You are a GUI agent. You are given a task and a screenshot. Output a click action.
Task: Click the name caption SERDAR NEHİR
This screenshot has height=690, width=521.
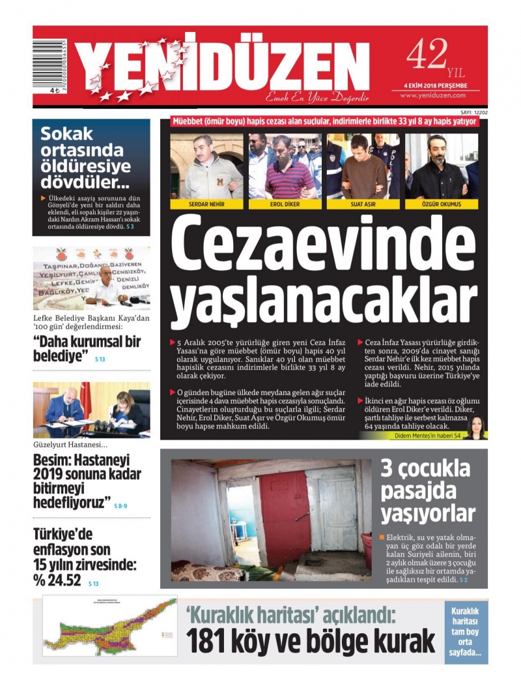206,204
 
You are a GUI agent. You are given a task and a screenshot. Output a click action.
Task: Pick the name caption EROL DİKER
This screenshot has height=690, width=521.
284,204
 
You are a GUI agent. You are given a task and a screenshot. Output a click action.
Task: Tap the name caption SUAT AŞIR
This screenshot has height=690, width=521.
363,204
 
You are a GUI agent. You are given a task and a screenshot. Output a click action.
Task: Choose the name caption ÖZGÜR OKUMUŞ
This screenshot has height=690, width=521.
442,204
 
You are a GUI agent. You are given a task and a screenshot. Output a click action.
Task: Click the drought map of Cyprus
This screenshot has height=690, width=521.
109,625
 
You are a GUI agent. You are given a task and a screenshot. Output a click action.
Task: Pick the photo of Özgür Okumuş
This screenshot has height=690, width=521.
442,166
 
